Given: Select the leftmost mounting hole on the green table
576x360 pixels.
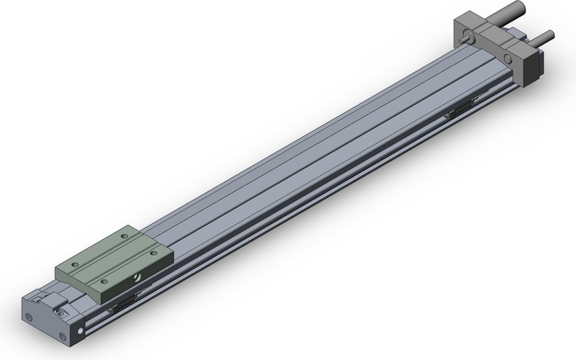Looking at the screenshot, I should pos(74,264).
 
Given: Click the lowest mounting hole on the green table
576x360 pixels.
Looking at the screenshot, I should pos(104,282).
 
